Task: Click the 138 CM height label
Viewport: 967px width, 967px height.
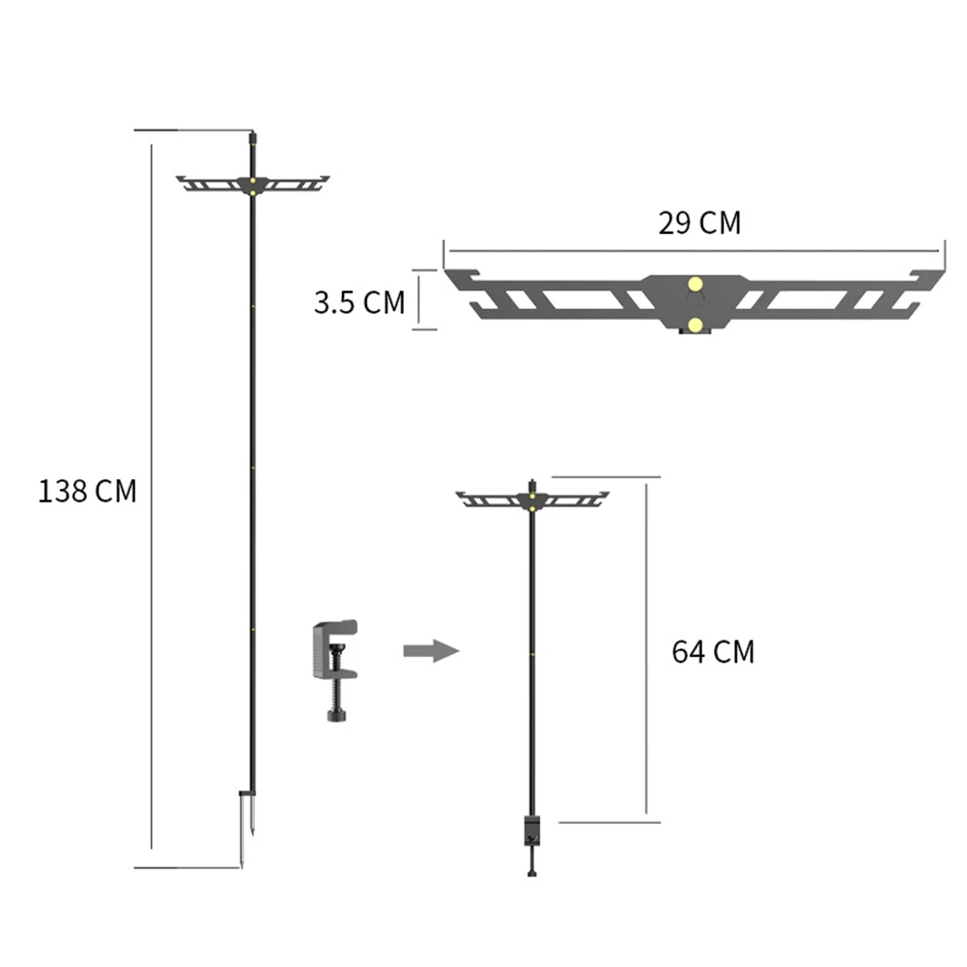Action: pyautogui.click(x=87, y=492)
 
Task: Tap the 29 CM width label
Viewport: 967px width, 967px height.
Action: pyautogui.click(x=699, y=222)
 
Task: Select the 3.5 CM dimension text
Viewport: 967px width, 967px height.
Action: pyautogui.click(x=359, y=302)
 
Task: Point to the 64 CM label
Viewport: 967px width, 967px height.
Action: pyautogui.click(x=713, y=652)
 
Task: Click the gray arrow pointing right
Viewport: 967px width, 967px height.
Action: pyautogui.click(x=431, y=651)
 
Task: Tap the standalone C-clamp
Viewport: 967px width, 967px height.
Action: pyautogui.click(x=335, y=669)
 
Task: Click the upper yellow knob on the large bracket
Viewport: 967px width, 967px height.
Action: pyautogui.click(x=695, y=284)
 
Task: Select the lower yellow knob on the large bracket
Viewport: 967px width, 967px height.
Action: pyautogui.click(x=695, y=325)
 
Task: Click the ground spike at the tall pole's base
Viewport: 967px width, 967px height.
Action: pyautogui.click(x=246, y=826)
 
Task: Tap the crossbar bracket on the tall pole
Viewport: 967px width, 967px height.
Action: pyautogui.click(x=253, y=184)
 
